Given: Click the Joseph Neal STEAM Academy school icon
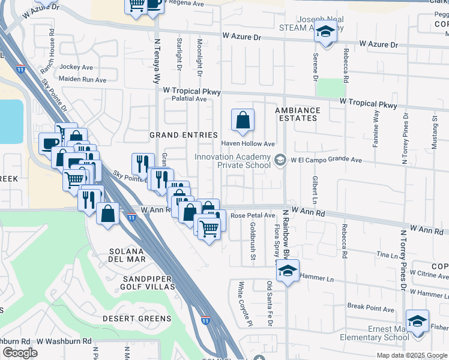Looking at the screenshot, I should (x=326, y=32).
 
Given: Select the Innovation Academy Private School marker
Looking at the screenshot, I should (x=280, y=160).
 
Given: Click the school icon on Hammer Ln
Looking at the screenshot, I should (x=288, y=272).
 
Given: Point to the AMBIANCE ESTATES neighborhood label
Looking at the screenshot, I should (x=297, y=114).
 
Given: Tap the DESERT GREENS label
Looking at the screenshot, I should (x=137, y=318).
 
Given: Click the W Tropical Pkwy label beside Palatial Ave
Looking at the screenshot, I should (x=192, y=91).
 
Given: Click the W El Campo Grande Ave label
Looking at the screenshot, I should (x=327, y=160).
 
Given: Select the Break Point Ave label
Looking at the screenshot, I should (x=370, y=309).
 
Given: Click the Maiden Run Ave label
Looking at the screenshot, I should (x=82, y=79).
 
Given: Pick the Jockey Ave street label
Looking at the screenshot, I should (x=76, y=67).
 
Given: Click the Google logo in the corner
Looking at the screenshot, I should (x=20, y=353).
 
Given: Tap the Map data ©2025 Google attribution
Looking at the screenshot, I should (x=412, y=355).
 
